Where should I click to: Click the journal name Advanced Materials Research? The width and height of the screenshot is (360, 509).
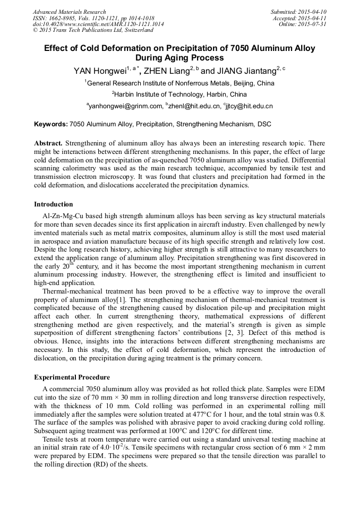(x=70, y=12)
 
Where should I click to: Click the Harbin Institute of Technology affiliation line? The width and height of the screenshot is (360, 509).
(x=179, y=94)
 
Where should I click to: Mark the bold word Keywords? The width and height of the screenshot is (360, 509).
(x=51, y=124)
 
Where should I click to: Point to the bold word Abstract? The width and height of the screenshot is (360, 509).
(x=48, y=144)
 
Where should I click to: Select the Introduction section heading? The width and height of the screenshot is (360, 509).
(x=54, y=204)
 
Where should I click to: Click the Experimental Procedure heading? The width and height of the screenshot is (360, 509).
(x=72, y=377)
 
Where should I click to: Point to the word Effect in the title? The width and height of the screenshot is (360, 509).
(x=57, y=48)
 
